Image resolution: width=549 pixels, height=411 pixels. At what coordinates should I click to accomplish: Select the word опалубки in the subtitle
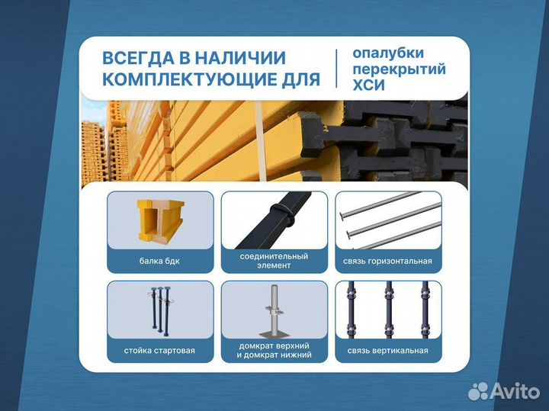(387, 53)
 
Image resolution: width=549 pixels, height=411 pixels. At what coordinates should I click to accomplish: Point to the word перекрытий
(400, 70)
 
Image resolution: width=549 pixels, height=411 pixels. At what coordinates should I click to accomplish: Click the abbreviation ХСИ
(369, 86)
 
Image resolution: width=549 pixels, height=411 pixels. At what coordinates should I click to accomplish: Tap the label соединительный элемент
(274, 261)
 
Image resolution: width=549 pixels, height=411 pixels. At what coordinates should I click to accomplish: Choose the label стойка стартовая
(160, 351)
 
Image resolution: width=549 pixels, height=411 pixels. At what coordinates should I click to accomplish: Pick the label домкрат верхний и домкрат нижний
(274, 351)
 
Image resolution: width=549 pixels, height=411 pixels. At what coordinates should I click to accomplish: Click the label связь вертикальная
(387, 351)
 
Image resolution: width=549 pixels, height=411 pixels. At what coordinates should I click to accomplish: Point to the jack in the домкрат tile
(274, 313)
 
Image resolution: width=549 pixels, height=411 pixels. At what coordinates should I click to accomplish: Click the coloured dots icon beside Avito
(478, 391)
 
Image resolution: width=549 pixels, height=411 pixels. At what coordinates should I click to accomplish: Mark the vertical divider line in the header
(336, 69)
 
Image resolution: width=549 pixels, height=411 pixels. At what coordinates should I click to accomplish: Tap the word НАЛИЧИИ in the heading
(242, 58)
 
